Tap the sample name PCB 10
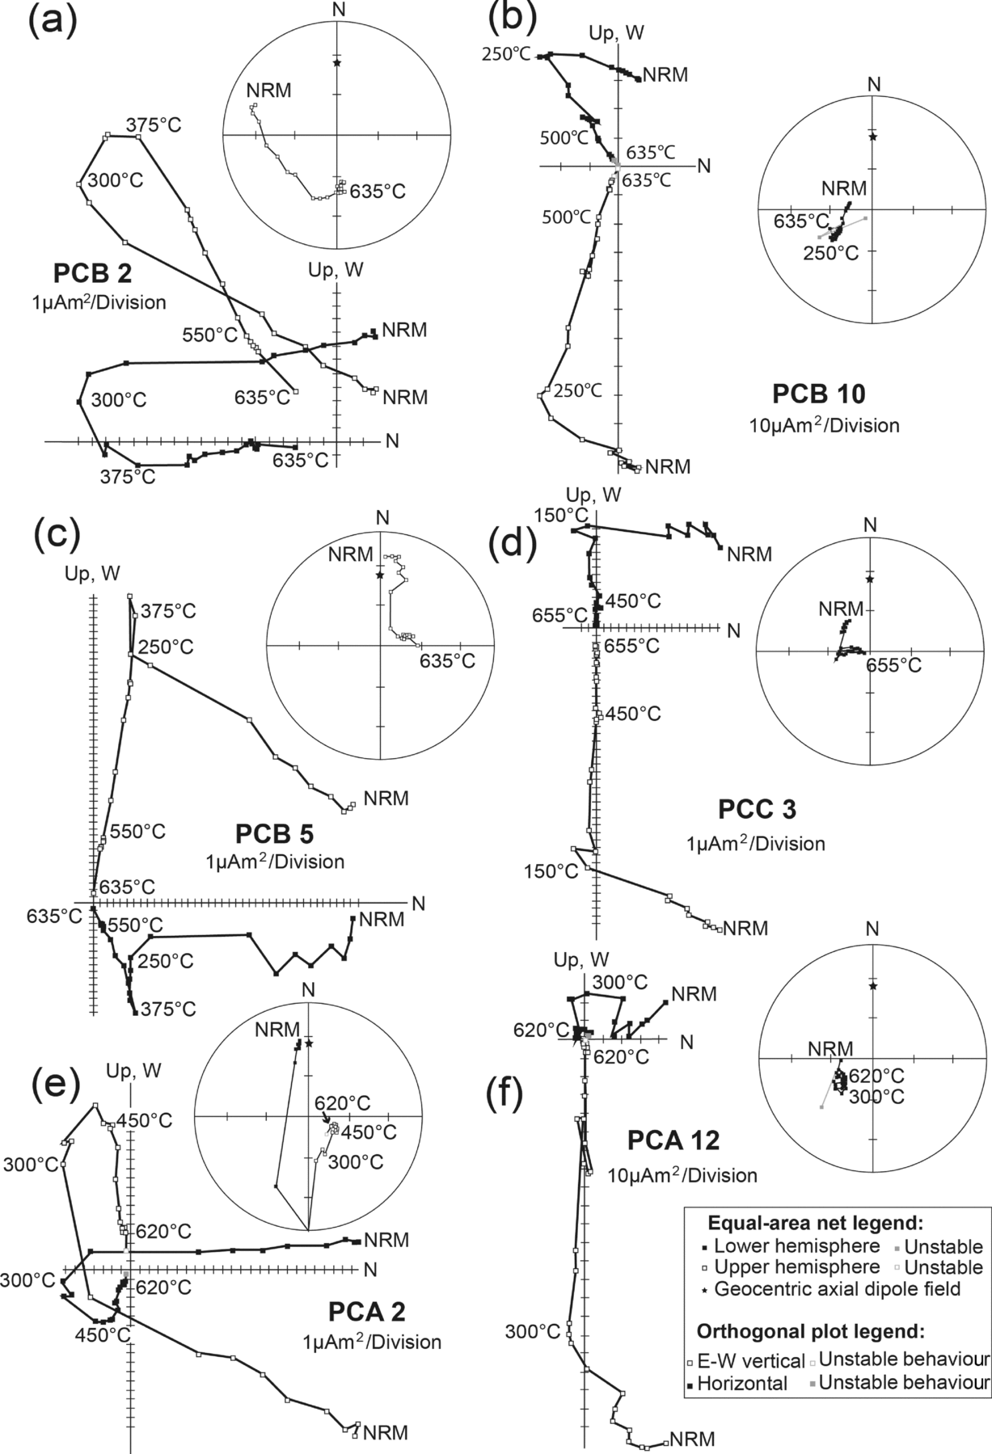click(818, 394)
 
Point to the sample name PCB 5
click(275, 833)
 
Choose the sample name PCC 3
click(757, 810)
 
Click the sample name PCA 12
click(673, 1140)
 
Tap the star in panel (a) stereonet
click(336, 63)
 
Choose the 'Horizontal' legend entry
click(741, 1383)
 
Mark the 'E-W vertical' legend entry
click(745, 1361)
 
